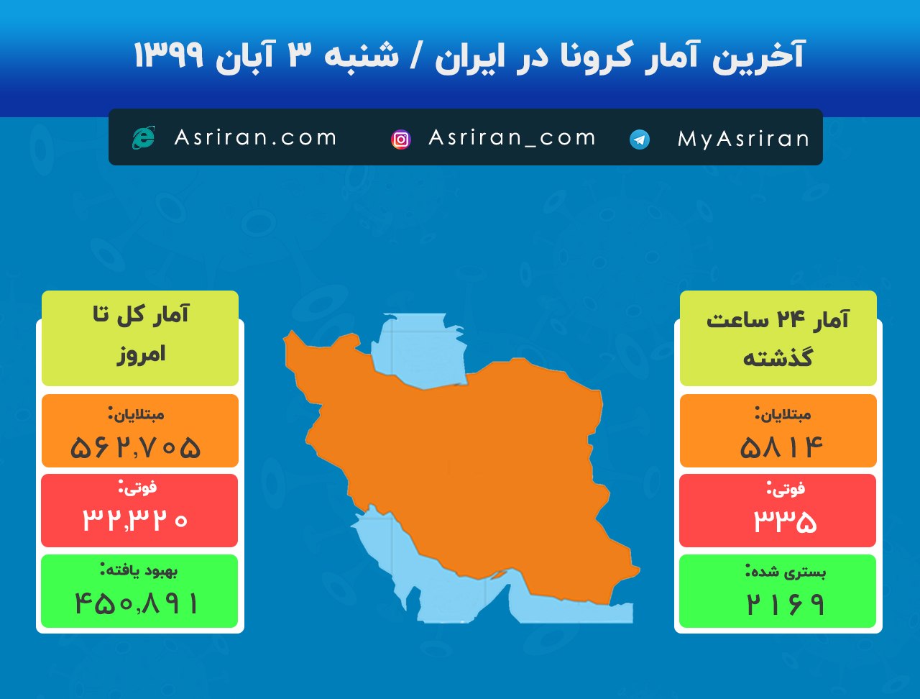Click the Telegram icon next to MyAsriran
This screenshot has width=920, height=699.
(x=640, y=140)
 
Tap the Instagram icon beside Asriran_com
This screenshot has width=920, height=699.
(x=401, y=140)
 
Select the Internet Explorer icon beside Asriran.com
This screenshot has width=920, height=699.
(x=143, y=137)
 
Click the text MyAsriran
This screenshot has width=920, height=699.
(x=743, y=139)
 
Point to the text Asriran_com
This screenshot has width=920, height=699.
(x=512, y=137)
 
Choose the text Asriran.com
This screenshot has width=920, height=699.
(x=255, y=137)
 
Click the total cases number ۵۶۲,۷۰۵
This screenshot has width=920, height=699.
(x=136, y=447)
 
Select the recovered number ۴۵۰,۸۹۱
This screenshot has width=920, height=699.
(x=136, y=603)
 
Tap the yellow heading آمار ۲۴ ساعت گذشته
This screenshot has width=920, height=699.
(x=778, y=337)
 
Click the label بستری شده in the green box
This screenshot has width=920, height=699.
(x=785, y=572)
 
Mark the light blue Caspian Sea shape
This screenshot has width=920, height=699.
(x=424, y=349)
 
